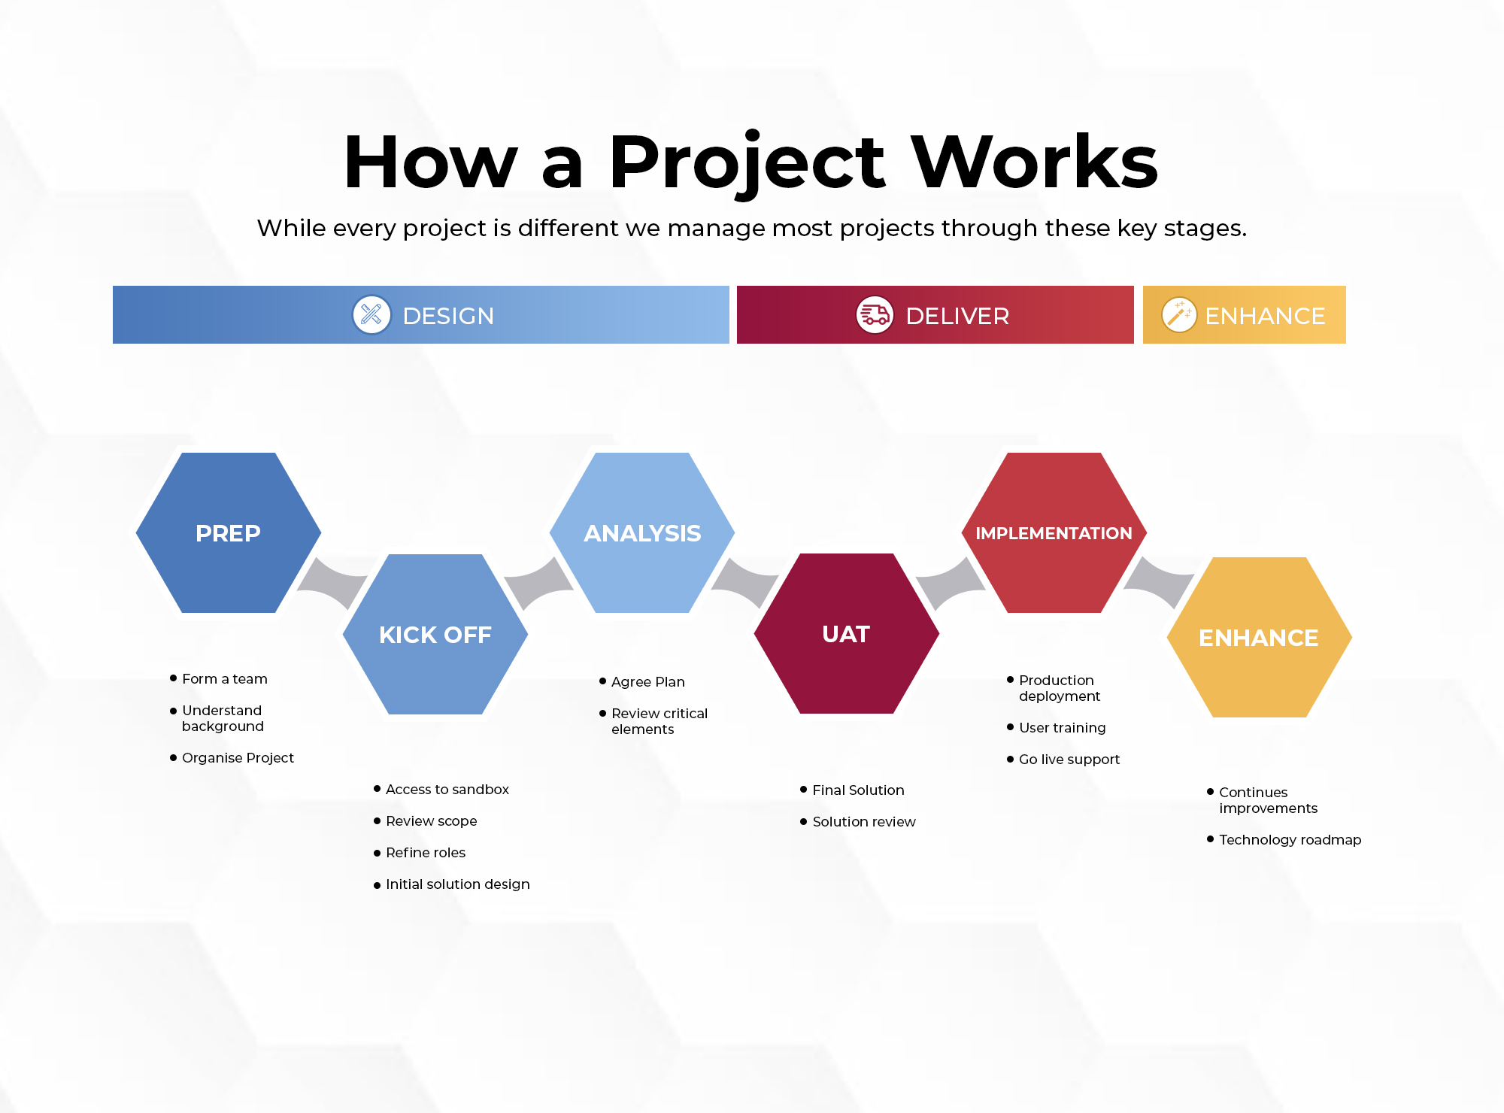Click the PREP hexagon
pyautogui.click(x=229, y=532)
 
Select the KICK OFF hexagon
pyautogui.click(x=435, y=634)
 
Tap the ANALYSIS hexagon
pyautogui.click(x=642, y=532)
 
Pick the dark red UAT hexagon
pyautogui.click(x=847, y=633)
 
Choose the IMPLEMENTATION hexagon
pyautogui.click(x=1054, y=532)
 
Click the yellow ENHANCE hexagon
pyautogui.click(x=1260, y=637)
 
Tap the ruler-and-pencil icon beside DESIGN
pyautogui.click(x=371, y=314)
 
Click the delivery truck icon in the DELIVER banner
pyautogui.click(x=875, y=314)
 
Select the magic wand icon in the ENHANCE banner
pyautogui.click(x=1179, y=314)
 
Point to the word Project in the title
pyautogui.click(x=747, y=164)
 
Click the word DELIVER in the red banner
pyautogui.click(x=957, y=316)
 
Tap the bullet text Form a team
pyautogui.click(x=225, y=679)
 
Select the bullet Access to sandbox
pyautogui.click(x=447, y=790)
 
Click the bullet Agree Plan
pyautogui.click(x=648, y=682)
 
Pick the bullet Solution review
pyautogui.click(x=864, y=822)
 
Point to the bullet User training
pyautogui.click(x=1063, y=728)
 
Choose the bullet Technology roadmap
pyautogui.click(x=1290, y=840)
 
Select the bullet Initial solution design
pyautogui.click(x=458, y=884)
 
